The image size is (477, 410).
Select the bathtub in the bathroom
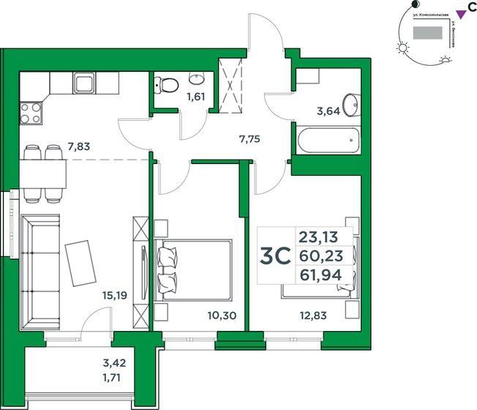point(328,138)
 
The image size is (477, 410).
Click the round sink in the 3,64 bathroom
point(350,103)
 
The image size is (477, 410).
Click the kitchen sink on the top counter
point(83,83)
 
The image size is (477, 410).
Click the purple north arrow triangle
point(460,12)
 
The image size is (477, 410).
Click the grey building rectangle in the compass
point(427,33)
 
